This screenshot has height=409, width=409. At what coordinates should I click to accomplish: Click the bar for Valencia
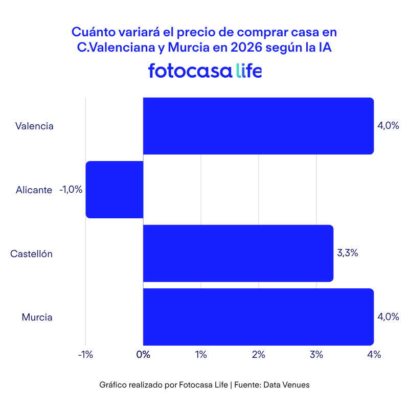pos(258,126)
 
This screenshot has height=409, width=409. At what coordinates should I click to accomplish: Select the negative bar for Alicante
pos(114,190)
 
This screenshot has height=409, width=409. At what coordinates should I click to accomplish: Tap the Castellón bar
pos(238,254)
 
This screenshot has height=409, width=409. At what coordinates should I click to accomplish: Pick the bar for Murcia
pos(258,317)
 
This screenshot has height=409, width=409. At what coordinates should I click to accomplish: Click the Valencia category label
pos(34,126)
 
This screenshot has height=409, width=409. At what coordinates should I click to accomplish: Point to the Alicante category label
pos(34,190)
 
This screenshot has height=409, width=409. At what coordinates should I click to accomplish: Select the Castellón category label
pos(32,254)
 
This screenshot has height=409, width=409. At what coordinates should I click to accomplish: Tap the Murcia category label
pos(37,317)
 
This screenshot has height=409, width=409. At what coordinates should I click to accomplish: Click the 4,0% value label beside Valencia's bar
pos(388,126)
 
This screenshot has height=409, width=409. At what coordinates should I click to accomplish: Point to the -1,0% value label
pos(71,190)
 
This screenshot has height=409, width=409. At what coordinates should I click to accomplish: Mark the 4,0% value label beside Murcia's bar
pos(388,316)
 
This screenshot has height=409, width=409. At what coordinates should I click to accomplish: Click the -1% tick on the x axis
pos(85,355)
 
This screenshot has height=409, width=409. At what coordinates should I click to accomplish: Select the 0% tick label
pos(143,355)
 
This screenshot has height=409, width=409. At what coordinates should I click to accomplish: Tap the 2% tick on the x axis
pos(258,355)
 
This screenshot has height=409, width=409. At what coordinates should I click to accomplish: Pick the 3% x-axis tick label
pos(316,355)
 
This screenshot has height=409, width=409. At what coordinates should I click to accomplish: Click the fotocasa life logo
pos(204,71)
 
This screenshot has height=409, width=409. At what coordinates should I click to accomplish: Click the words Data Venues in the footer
pos(286,385)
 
